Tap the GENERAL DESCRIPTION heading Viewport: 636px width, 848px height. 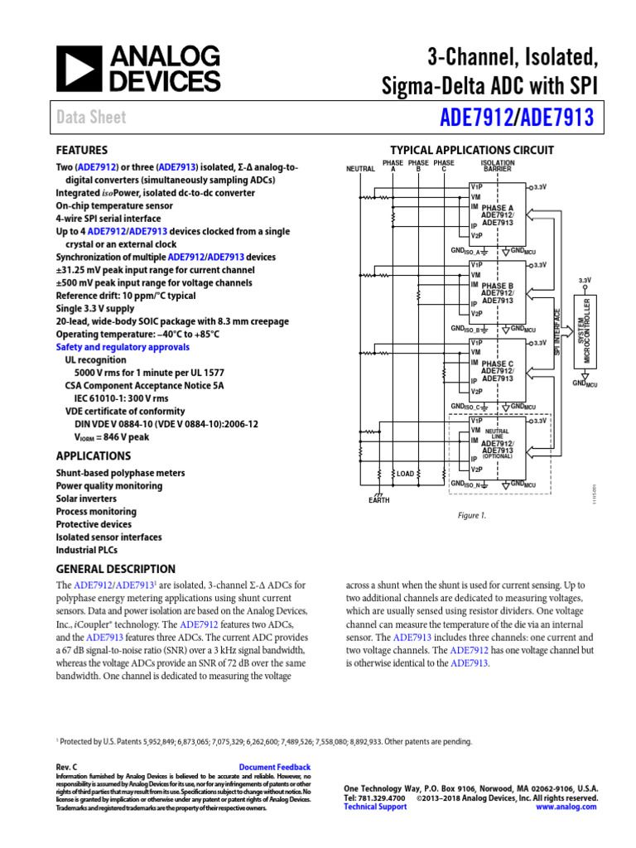coord(115,569)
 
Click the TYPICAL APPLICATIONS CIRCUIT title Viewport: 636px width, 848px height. coord(471,150)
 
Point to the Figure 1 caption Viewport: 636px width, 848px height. coord(472,514)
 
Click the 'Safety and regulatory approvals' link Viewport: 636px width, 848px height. coord(123,347)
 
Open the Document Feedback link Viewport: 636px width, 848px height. coord(274,768)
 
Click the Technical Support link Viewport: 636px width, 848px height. coord(375,807)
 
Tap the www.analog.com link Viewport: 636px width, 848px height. coord(567,807)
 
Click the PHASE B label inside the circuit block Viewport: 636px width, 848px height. coord(498,286)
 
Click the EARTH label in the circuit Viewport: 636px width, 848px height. coord(378,500)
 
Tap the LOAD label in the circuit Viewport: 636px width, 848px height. coord(405,474)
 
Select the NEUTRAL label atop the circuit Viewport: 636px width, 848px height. coord(360,168)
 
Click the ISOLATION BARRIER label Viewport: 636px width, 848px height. coord(497,166)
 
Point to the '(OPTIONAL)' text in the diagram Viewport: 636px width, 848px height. coord(498,455)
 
